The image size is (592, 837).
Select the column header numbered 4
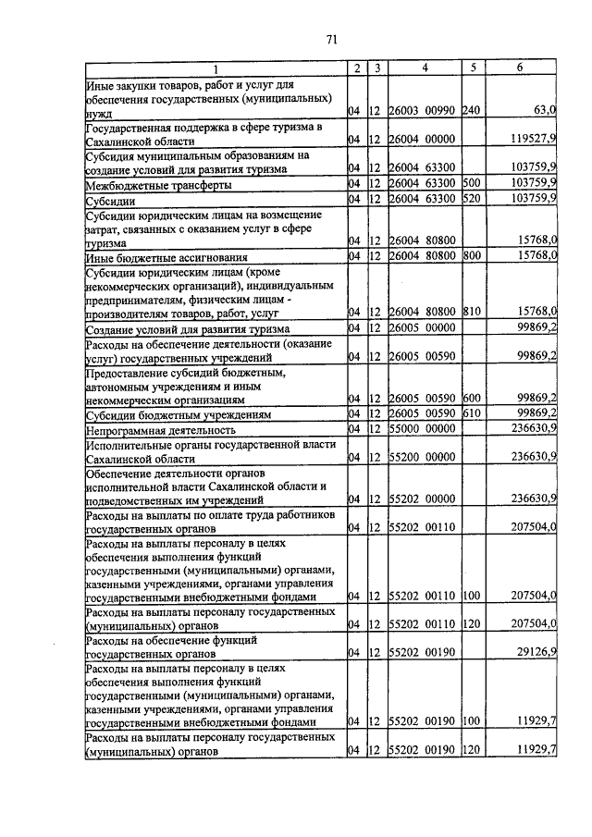(425, 68)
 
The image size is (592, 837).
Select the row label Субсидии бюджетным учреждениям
(166, 415)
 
